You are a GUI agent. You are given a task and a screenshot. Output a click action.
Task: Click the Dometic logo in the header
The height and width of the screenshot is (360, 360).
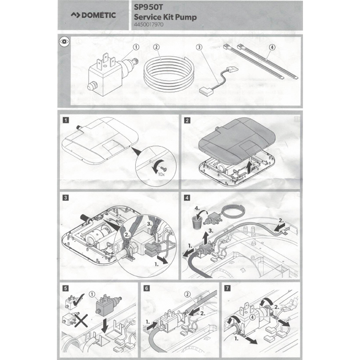(93, 15)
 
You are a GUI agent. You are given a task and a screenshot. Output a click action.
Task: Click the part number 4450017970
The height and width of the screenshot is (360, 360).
(148, 24)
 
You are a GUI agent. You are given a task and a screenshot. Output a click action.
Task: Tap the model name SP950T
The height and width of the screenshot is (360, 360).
(148, 7)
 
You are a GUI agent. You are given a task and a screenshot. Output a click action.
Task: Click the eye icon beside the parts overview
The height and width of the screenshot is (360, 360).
(64, 42)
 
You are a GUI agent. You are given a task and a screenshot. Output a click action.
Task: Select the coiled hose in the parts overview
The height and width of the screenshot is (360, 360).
(169, 71)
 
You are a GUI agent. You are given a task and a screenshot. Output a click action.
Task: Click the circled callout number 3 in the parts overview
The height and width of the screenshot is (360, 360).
(199, 47)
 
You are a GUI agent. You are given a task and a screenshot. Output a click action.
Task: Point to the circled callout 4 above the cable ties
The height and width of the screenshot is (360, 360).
(272, 47)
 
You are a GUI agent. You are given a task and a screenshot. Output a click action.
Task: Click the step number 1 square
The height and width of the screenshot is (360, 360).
(66, 120)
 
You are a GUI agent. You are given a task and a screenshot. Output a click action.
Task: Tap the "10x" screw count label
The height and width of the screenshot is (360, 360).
(162, 174)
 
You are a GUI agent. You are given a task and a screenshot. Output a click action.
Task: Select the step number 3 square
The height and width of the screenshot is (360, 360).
(66, 198)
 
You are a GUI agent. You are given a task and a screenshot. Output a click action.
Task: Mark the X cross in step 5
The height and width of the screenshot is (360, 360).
(81, 321)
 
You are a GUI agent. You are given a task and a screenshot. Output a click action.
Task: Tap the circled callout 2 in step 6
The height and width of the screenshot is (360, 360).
(188, 294)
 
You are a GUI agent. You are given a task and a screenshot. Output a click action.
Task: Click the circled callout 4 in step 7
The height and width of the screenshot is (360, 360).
(252, 317)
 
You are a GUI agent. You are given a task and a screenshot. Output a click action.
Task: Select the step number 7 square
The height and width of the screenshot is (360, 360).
(227, 288)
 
